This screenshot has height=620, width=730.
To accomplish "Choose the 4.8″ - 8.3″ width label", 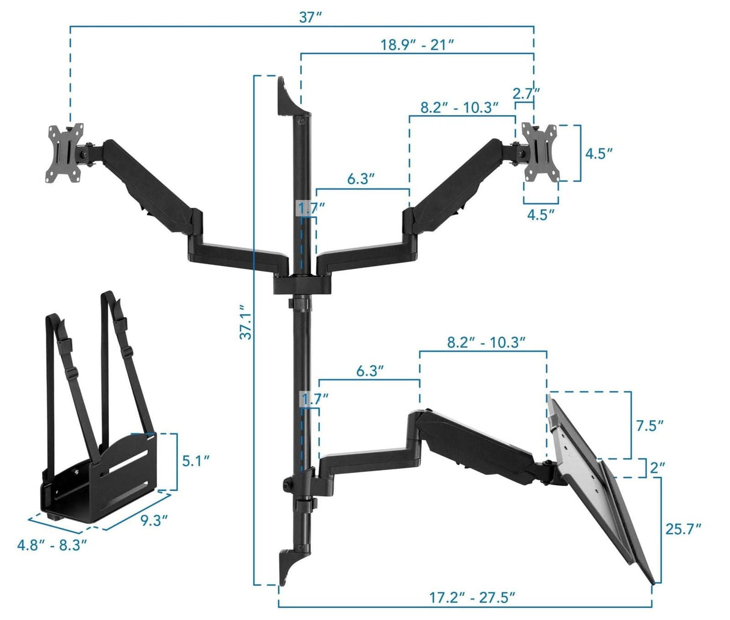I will point(52,545).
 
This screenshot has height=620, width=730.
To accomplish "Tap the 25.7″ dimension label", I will point(684,529).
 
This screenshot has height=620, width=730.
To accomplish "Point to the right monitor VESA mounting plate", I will point(540,152).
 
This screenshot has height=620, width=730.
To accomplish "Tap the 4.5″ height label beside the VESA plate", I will point(599,153).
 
